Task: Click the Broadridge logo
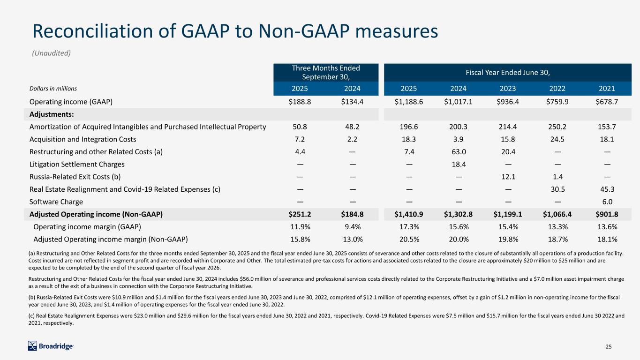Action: (x=51, y=346)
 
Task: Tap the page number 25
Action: (x=609, y=346)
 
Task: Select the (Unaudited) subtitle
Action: (x=51, y=53)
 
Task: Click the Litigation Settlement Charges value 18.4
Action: (x=458, y=164)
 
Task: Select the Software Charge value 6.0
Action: (x=607, y=202)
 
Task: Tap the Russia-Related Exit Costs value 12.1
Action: (x=509, y=177)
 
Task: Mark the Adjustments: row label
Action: (x=49, y=114)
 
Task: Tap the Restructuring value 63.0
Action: (x=458, y=151)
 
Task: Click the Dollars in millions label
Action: (x=53, y=88)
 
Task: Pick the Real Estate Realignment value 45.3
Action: (x=607, y=189)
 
